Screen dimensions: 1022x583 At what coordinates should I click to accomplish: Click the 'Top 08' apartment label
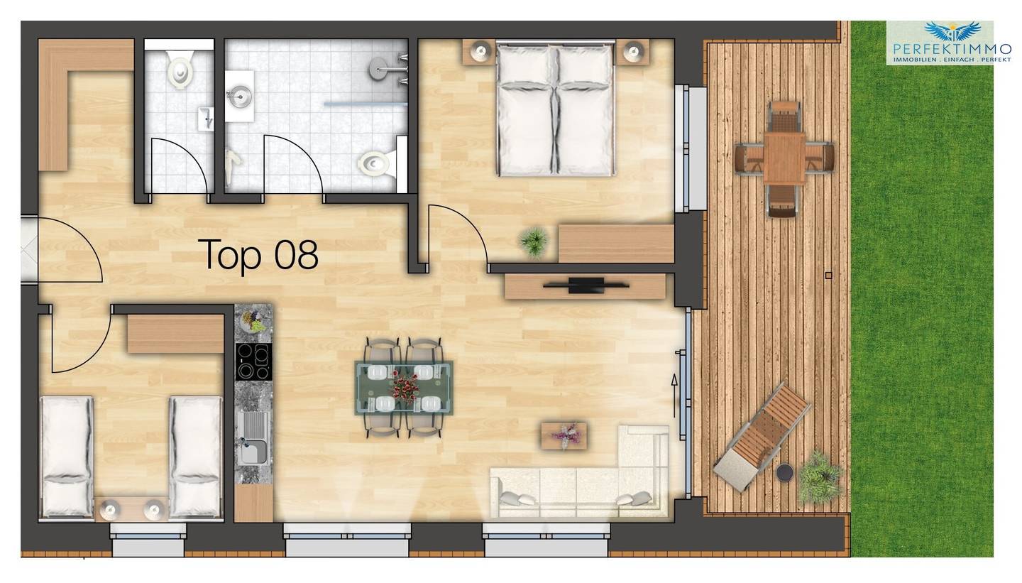(x=260, y=256)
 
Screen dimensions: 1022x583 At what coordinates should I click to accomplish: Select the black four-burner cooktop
(x=253, y=361)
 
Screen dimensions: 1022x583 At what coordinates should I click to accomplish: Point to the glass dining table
(x=405, y=388)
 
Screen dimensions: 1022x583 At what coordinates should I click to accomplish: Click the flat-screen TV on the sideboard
(x=586, y=285)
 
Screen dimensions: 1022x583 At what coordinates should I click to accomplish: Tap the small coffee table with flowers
(x=564, y=436)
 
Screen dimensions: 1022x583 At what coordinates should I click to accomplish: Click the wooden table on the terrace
(x=784, y=158)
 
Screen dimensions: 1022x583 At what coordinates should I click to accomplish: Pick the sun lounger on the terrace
(x=762, y=437)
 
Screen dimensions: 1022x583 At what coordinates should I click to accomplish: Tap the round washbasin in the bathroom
(x=240, y=97)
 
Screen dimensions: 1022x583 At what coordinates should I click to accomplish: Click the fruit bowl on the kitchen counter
(x=253, y=320)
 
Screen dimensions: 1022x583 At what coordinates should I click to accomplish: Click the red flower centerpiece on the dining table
(x=405, y=387)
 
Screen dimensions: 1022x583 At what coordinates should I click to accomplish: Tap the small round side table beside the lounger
(x=785, y=472)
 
